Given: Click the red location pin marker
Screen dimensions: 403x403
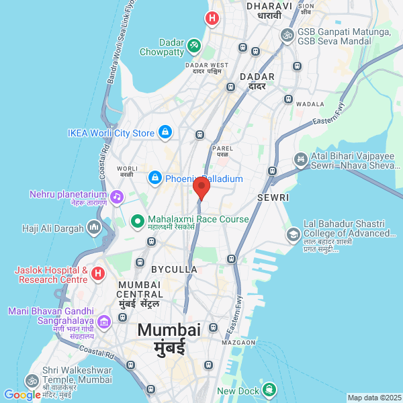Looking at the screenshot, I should coord(201,187).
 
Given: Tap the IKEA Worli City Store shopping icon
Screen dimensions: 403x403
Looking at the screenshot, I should coord(165,133).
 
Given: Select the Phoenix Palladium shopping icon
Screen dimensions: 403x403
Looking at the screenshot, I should coord(155,179).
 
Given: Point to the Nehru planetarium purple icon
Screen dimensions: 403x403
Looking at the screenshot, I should coord(118,196).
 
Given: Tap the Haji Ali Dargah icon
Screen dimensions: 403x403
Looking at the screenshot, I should coord(94,228).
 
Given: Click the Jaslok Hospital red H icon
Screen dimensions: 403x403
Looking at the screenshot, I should coord(98,273).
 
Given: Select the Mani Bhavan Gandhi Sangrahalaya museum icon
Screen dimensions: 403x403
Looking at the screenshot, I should coord(103,323).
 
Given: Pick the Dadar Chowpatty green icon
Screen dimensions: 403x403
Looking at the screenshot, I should coord(193,45).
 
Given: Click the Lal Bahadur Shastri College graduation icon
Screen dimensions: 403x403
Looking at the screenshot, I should coord(294,234).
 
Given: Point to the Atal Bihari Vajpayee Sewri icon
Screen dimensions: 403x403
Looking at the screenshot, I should coord(300,160).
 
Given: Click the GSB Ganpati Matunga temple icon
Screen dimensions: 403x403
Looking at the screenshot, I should coord(287,34).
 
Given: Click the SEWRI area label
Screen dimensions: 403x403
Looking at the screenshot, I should coord(273,197).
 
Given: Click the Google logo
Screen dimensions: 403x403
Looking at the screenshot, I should coord(22,395).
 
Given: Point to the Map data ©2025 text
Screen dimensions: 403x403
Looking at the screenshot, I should coord(373,398).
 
